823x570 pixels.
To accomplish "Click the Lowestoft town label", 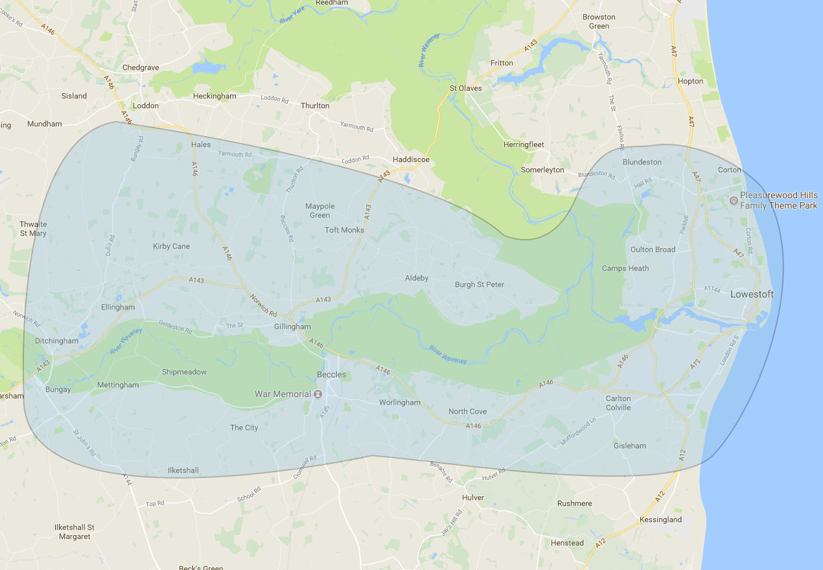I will point(752,294).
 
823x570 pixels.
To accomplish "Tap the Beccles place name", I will point(331,375).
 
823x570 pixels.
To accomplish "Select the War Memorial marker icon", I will point(318,394).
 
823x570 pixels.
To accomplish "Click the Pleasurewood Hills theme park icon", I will point(733,201).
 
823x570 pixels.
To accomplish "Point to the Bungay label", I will point(58,390).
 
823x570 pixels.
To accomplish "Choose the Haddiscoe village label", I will point(411,159).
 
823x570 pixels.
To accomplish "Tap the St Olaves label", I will point(466,88).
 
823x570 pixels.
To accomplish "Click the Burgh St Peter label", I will point(479,284).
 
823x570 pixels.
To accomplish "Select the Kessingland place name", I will point(660,519).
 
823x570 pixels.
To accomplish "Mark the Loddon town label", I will point(145,106).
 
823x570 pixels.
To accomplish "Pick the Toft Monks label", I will point(344,230).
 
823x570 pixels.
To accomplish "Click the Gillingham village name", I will point(292,326).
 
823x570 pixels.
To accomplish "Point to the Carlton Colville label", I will point(618,403).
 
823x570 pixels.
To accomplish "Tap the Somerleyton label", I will point(542,170).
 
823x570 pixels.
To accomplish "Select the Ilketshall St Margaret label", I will point(75,532).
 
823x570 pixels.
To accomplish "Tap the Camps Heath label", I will point(625,268).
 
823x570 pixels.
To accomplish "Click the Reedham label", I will point(332,3).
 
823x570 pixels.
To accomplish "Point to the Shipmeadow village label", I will point(184,372).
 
